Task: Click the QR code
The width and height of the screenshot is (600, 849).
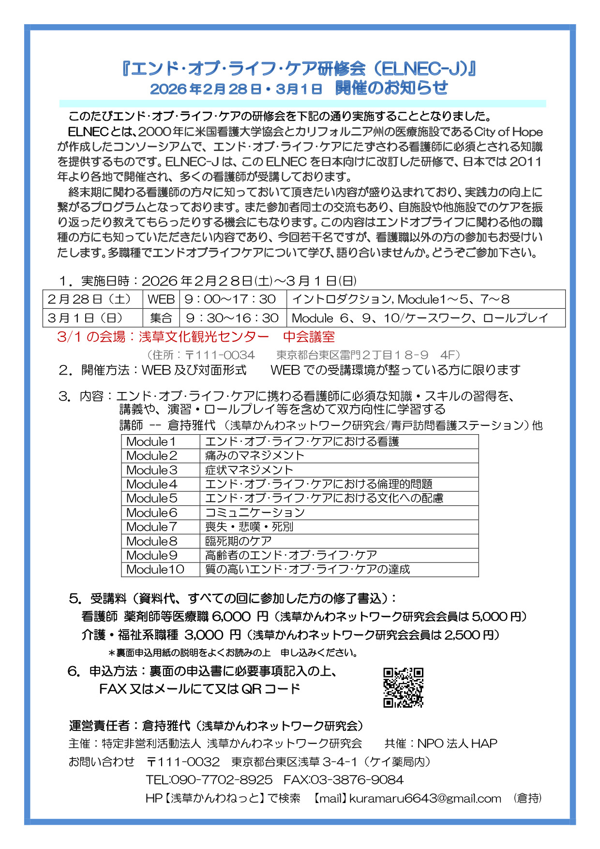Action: pyautogui.click(x=403, y=687)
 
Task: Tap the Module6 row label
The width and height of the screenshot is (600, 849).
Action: pyautogui.click(x=152, y=513)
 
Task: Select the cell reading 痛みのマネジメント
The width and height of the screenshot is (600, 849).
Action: pyautogui.click(x=255, y=455)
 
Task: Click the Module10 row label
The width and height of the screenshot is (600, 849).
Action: pyautogui.click(x=155, y=570)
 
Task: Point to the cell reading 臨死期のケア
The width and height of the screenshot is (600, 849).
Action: pyautogui.click(x=238, y=541)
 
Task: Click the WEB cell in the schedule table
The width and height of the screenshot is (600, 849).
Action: pyautogui.click(x=161, y=299)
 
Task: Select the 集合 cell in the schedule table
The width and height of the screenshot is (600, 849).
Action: pyautogui.click(x=161, y=318)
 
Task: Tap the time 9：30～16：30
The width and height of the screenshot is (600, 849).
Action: pyautogui.click(x=232, y=318)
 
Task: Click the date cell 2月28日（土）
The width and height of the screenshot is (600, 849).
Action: pyautogui.click(x=90, y=299)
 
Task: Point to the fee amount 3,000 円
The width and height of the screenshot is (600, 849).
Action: pyautogui.click(x=212, y=635)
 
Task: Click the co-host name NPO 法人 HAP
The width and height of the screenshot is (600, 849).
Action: pyautogui.click(x=457, y=743)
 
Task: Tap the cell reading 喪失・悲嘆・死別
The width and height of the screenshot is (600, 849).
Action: pyautogui.click(x=249, y=527)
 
